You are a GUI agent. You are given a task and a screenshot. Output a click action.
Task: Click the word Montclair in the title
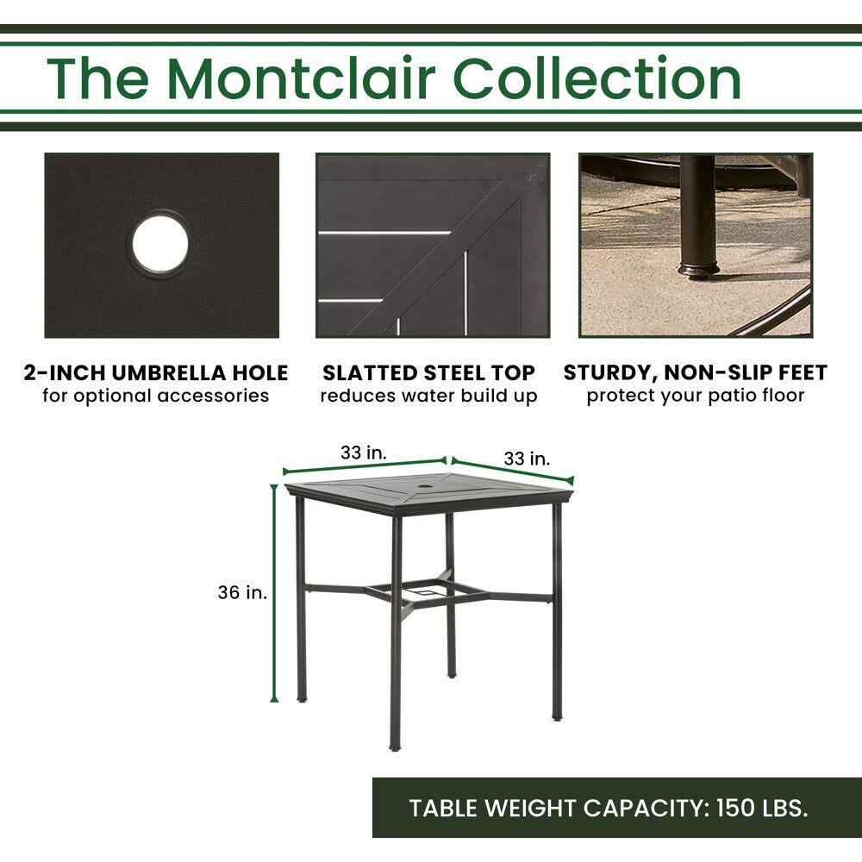pyautogui.click(x=301, y=78)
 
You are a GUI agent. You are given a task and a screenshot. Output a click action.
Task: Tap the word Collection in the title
pyautogui.click(x=597, y=78)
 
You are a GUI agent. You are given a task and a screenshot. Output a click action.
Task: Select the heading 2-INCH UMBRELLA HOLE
pyautogui.click(x=156, y=372)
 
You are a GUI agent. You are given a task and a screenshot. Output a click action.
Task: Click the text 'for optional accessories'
pyautogui.click(x=156, y=396)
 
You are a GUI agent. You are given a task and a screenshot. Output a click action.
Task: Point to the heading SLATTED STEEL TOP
pyautogui.click(x=428, y=372)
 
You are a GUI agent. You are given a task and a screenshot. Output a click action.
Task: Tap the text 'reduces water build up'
pyautogui.click(x=428, y=396)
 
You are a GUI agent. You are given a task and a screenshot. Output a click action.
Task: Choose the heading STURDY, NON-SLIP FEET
pyautogui.click(x=696, y=372)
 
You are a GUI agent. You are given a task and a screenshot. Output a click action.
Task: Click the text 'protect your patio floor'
pyautogui.click(x=696, y=396)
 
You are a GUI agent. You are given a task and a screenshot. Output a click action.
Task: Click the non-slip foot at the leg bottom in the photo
pyautogui.click(x=698, y=269)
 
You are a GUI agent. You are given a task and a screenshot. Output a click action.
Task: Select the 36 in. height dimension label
pyautogui.click(x=242, y=592)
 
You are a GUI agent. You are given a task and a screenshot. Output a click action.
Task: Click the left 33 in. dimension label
pyautogui.click(x=364, y=453)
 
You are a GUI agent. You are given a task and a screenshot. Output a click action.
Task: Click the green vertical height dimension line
pyautogui.click(x=274, y=593)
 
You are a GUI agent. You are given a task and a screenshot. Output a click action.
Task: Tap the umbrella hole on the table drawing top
pyautogui.click(x=428, y=487)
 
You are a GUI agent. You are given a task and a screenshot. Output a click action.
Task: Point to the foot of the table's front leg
pyautogui.click(x=395, y=747)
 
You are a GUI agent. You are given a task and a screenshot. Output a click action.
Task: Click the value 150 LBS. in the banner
pyautogui.click(x=762, y=808)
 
